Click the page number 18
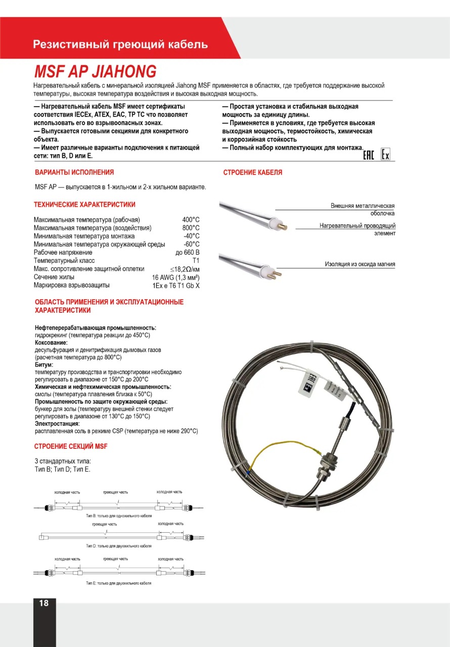coord(44,603)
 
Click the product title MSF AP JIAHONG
coord(95,71)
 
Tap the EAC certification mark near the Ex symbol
coord(369,155)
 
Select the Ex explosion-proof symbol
coord(386,155)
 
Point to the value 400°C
coord(191,220)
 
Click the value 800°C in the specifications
coord(191,228)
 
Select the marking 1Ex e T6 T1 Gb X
coord(176,286)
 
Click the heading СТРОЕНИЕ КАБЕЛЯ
coord(253,172)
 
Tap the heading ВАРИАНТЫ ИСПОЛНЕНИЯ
coord(74,172)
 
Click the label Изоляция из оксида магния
coord(359,264)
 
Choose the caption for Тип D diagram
coord(118,546)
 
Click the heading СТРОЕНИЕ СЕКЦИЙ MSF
coord(71,446)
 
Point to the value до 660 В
coord(188,252)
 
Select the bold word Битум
coord(44,364)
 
